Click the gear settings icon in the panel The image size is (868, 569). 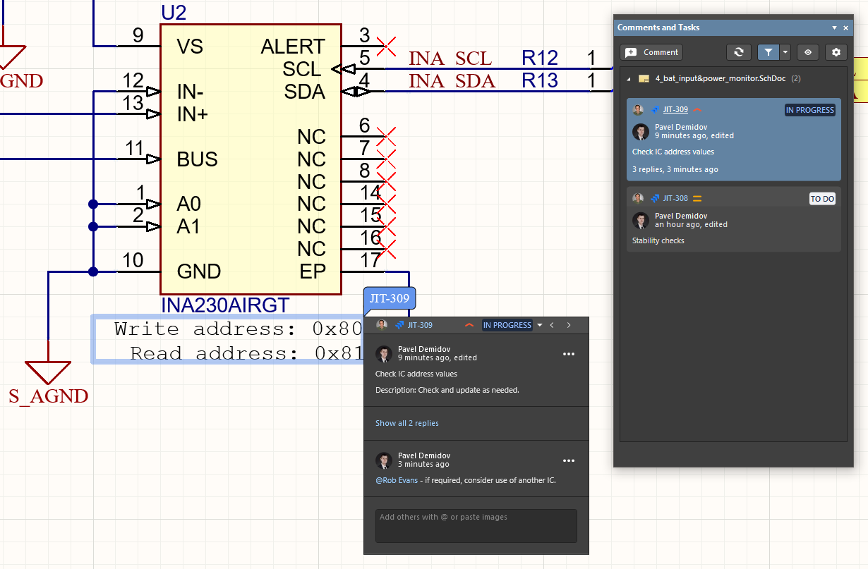(x=836, y=52)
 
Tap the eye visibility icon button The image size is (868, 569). (x=808, y=52)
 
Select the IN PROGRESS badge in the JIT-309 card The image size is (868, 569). (x=809, y=110)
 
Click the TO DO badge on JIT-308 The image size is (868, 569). (x=822, y=199)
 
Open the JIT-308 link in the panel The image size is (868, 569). (x=675, y=199)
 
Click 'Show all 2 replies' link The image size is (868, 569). (x=407, y=423)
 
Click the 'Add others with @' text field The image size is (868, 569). (x=476, y=525)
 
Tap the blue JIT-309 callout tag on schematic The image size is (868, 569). (x=390, y=298)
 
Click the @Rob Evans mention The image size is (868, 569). (x=397, y=480)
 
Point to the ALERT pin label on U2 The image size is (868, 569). (x=293, y=47)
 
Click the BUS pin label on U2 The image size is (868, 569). (x=197, y=159)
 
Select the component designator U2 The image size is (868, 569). (x=174, y=12)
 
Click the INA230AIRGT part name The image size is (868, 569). (x=225, y=305)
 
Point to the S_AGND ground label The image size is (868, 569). (x=49, y=396)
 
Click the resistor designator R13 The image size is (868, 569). (x=540, y=81)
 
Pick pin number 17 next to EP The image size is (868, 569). (x=370, y=260)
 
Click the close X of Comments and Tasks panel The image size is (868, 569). (x=845, y=28)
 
